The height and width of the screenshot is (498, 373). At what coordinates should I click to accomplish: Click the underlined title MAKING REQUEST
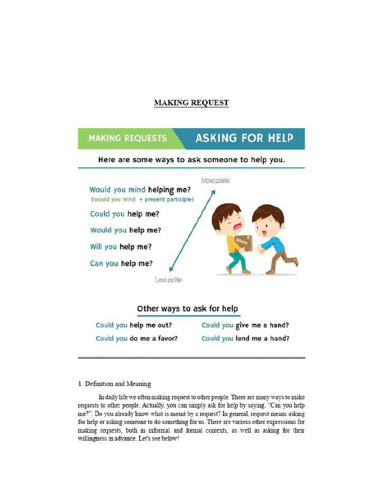click(x=191, y=103)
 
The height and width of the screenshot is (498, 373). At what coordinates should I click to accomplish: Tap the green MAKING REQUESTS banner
click(x=127, y=138)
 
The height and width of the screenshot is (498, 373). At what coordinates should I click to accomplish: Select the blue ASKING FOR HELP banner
click(x=244, y=138)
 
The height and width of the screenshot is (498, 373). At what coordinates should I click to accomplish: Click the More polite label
click(x=215, y=180)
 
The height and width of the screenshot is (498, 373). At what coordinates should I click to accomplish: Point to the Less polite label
click(x=169, y=280)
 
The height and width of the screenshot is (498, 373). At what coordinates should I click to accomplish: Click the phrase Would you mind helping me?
click(x=140, y=190)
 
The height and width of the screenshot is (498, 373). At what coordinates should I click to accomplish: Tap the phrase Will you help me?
click(x=120, y=247)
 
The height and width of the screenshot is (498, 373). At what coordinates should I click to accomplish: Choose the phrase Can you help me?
click(x=121, y=264)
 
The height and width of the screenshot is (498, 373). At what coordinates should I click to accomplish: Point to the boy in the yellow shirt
click(x=232, y=237)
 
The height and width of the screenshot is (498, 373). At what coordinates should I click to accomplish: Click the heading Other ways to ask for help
click(x=187, y=308)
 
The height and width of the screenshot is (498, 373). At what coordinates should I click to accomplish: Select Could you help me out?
click(x=134, y=325)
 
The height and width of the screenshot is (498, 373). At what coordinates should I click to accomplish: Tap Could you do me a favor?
click(x=136, y=338)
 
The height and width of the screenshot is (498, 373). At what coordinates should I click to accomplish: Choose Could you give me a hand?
click(x=245, y=325)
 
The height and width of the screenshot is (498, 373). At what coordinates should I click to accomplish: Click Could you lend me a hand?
click(x=245, y=338)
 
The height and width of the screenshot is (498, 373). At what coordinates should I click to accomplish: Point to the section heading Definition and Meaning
click(x=115, y=384)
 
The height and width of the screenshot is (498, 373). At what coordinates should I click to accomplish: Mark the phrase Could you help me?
click(x=124, y=214)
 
